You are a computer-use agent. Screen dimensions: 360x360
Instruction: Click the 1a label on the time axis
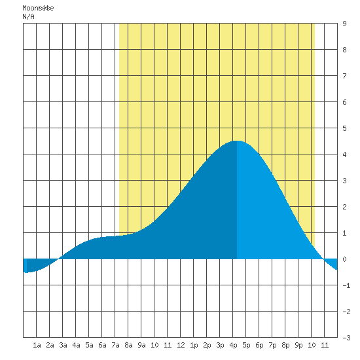[37, 345]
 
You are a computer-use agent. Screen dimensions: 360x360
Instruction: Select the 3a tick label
[63, 345]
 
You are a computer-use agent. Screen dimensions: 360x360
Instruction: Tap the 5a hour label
[89, 345]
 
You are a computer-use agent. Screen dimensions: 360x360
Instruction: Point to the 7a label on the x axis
[115, 345]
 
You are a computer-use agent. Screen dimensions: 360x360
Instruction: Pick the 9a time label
[141, 345]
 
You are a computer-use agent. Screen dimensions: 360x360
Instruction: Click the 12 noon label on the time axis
[181, 345]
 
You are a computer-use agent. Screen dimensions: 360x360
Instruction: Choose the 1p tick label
[194, 345]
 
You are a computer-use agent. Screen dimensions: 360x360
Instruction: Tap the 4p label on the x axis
[233, 345]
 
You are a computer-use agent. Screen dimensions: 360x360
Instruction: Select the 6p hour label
[259, 345]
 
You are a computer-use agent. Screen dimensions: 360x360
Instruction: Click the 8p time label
[285, 345]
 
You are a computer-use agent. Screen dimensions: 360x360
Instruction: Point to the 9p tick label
[298, 345]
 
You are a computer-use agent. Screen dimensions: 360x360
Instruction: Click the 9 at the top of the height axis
[344, 24]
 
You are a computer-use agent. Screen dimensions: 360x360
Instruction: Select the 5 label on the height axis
[344, 128]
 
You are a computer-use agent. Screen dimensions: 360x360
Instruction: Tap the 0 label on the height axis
[344, 259]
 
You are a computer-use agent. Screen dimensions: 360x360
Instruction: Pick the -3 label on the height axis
[346, 338]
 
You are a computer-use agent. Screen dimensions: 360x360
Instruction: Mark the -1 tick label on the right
[346, 285]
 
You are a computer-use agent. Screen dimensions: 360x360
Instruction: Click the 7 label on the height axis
[344, 76]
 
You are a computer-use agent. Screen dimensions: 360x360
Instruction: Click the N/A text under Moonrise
[28, 16]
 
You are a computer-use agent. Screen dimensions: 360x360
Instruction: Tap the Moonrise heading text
[38, 8]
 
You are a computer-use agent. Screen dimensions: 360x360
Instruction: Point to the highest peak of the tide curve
[237, 141]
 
